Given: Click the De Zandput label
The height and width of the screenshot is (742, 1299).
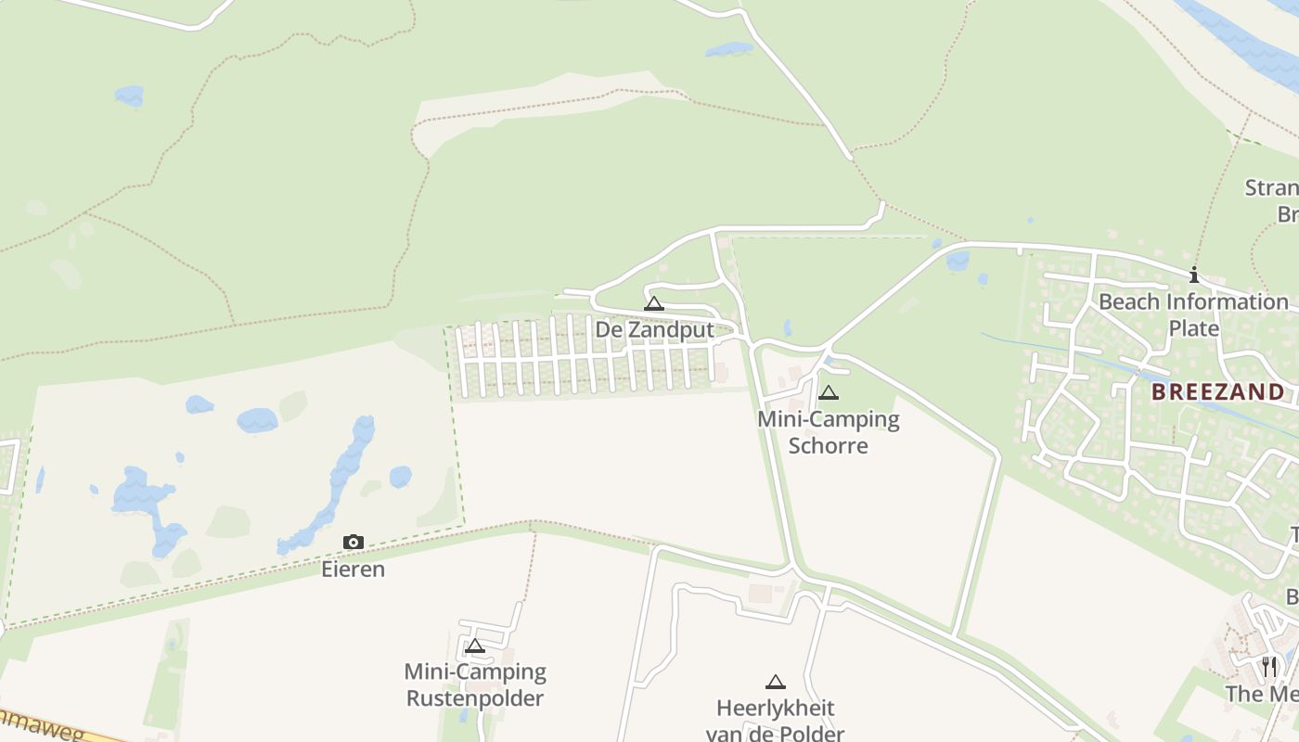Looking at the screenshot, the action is coord(654,330).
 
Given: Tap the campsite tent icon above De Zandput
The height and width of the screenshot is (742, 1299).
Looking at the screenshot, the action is coord(654,303).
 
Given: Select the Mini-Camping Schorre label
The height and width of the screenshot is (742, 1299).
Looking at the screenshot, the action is coord(829,432).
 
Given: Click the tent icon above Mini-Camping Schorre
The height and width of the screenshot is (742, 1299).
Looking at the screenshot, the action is coord(829,392).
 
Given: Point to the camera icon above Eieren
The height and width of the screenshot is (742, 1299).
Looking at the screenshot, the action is coord(354,542).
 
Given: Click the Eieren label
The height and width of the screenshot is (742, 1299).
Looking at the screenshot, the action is coord(354,569).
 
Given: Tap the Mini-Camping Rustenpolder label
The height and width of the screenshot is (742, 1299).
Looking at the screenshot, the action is coord(475,684).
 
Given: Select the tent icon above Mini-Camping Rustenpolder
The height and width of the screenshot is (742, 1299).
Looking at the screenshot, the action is coord(475,646).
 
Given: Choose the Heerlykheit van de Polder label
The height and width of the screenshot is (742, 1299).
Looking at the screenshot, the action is coord(776,721).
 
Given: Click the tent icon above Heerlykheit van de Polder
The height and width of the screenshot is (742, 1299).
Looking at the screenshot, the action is coord(776,682).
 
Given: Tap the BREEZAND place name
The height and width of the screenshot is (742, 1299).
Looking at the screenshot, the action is coord(1218,391).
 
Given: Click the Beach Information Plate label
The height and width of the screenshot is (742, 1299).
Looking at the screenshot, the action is coord(1193,314).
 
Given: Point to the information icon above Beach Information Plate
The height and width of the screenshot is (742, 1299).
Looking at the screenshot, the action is coord(1194,275).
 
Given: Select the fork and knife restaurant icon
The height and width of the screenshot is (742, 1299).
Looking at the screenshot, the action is coord(1269,666).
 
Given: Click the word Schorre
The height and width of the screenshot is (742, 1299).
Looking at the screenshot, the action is coord(829,446).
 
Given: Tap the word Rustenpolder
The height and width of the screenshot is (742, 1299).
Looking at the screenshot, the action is coord(475,698).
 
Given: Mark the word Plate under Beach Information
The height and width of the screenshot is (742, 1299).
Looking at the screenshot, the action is coord(1193,328).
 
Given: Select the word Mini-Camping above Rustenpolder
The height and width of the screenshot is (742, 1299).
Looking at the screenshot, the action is coord(475,672).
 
